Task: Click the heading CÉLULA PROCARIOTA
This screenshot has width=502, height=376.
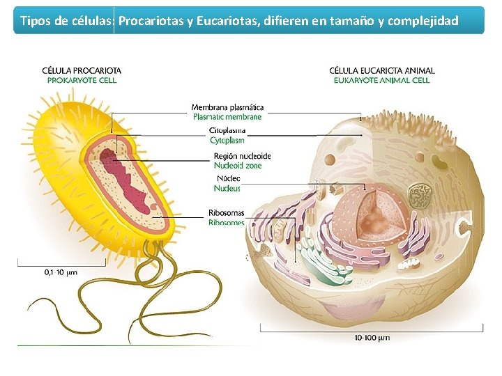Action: (82, 70)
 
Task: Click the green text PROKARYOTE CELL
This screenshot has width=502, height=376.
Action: (82, 80)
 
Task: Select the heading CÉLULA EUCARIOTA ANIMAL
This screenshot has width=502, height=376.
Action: (381, 70)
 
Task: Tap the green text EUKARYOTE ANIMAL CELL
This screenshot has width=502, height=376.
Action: (381, 80)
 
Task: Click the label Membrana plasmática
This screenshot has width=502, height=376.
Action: (227, 107)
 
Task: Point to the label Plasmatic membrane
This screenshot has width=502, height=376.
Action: (227, 117)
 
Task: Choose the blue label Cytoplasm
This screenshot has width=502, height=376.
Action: (227, 141)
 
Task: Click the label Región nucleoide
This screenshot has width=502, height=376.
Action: (243, 156)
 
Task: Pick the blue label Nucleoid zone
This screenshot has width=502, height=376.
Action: (238, 166)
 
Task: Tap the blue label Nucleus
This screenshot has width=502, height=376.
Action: (227, 188)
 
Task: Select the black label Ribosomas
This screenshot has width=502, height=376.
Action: (226, 212)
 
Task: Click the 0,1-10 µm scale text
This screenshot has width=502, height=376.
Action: (61, 272)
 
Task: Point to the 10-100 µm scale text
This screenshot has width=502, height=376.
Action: (372, 338)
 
